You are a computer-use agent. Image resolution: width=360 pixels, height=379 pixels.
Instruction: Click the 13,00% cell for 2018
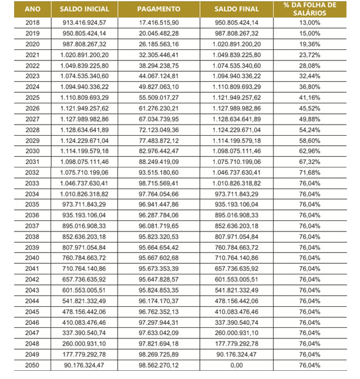click(309, 22)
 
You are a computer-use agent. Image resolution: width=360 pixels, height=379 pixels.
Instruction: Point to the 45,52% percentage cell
click(309, 108)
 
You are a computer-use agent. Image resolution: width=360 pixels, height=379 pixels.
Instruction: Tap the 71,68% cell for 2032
click(309, 173)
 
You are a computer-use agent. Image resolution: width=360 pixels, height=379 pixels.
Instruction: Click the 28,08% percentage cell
click(309, 65)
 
